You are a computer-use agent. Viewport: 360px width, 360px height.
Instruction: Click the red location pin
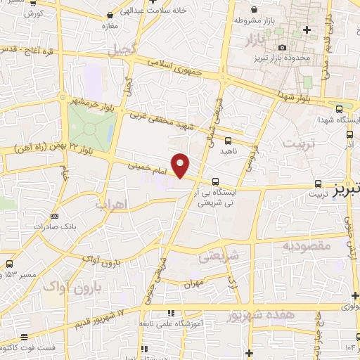[x=181, y=165]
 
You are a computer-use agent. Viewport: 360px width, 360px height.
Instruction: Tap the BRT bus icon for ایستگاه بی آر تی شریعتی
[x=215, y=180]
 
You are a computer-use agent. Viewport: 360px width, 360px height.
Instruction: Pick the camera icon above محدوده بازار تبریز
[x=283, y=46]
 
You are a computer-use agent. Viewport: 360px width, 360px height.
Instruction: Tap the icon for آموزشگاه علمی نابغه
[x=170, y=313]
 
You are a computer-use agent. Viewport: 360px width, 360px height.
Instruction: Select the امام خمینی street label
[x=150, y=169]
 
